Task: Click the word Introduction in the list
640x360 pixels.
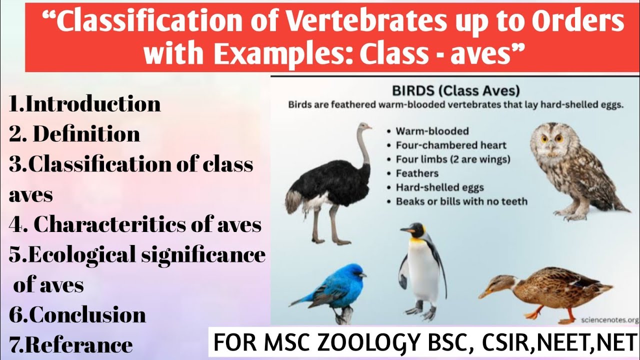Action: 93,104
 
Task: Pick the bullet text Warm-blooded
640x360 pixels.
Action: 432,131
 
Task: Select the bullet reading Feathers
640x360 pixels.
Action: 417,173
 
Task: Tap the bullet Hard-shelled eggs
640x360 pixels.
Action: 440,187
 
